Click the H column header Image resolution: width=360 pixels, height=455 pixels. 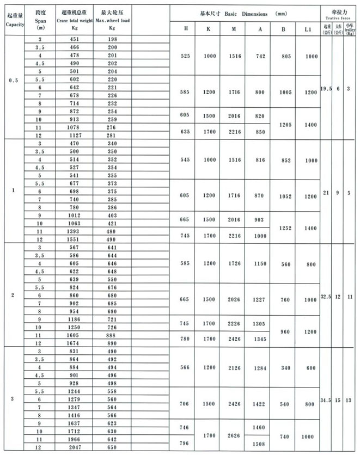186,28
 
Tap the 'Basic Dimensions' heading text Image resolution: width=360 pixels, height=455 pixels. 241,13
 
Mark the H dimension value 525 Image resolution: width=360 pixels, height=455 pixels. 186,57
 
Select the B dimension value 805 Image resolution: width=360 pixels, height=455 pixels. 283,57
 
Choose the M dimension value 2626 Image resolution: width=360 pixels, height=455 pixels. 234,435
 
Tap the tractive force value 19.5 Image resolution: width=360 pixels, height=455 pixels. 326,88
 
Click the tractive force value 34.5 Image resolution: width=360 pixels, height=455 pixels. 326,401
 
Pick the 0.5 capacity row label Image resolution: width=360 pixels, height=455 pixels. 13,81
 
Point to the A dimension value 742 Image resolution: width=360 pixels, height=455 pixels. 259,57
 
